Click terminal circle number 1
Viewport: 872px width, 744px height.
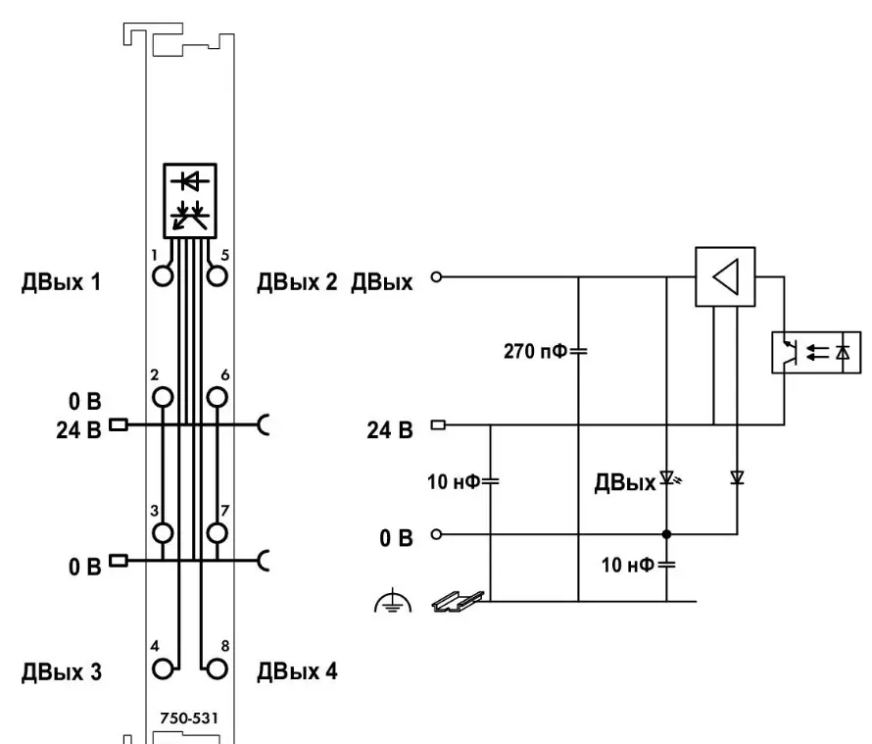click(x=163, y=275)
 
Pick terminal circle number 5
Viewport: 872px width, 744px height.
click(x=217, y=275)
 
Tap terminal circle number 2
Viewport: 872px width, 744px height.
click(x=163, y=397)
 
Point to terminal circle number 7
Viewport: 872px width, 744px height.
click(x=217, y=532)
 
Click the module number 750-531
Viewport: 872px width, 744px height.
click(x=190, y=718)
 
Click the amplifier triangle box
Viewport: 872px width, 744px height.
click(x=726, y=275)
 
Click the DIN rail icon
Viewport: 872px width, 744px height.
click(x=459, y=598)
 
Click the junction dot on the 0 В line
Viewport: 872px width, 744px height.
click(x=666, y=535)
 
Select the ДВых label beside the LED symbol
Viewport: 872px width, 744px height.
click(x=623, y=483)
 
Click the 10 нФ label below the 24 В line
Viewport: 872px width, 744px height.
click(x=456, y=481)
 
